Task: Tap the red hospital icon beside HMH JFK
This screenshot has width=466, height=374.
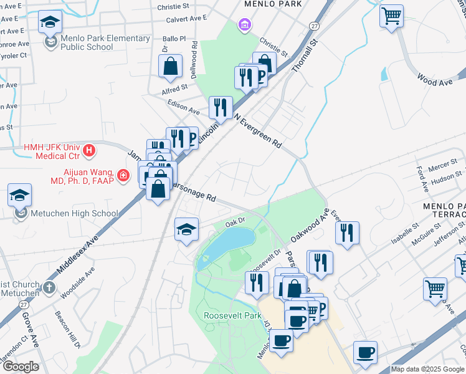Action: pyautogui.click(x=90, y=150)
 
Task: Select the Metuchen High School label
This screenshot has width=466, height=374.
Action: pyautogui.click(x=77, y=213)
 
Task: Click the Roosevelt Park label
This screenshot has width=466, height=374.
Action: pyautogui.click(x=232, y=315)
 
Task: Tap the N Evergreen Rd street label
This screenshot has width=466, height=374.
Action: pyautogui.click(x=258, y=128)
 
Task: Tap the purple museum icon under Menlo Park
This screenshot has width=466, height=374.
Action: pyautogui.click(x=245, y=25)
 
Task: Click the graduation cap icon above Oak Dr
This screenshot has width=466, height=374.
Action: pyautogui.click(x=186, y=229)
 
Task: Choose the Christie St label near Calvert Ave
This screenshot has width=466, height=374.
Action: pyautogui.click(x=173, y=6)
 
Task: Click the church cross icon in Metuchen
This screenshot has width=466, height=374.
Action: pyautogui.click(x=50, y=288)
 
